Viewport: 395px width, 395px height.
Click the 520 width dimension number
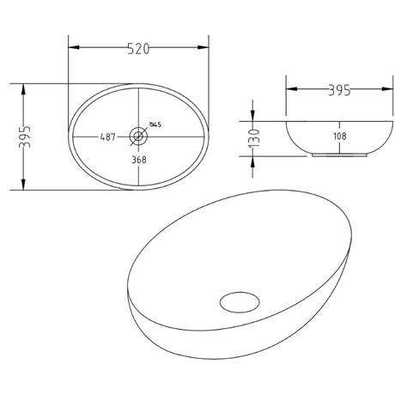pos(139,49)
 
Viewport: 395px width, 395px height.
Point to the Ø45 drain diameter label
pos(156,125)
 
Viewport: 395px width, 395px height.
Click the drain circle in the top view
pos(137,136)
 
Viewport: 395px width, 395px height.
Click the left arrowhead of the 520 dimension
pos(71,49)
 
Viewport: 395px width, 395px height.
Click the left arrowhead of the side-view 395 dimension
pos(289,89)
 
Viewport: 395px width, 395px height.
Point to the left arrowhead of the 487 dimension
pos(76,137)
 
